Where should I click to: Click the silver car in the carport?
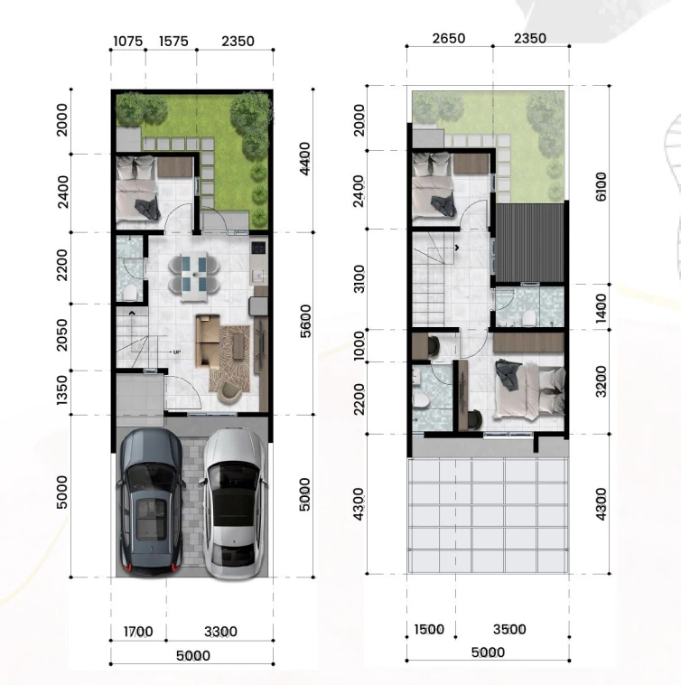[234, 503]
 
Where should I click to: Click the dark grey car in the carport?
[150, 502]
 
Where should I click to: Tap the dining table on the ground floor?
[194, 277]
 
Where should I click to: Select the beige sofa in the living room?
[207, 342]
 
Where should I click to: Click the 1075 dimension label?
[128, 42]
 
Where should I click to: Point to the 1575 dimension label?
[173, 42]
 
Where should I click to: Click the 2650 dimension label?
[449, 39]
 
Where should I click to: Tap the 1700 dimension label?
[138, 632]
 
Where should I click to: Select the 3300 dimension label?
[221, 632]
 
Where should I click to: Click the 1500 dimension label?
[429, 630]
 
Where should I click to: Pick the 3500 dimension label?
[509, 630]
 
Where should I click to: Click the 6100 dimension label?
[602, 186]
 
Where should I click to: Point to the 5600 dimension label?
[305, 321]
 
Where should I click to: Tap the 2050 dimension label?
[62, 335]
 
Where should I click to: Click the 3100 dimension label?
[359, 278]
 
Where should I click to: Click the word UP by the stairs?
[177, 352]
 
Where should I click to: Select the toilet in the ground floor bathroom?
[130, 293]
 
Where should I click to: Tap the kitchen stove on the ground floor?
[258, 248]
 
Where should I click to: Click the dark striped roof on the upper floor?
[529, 243]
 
